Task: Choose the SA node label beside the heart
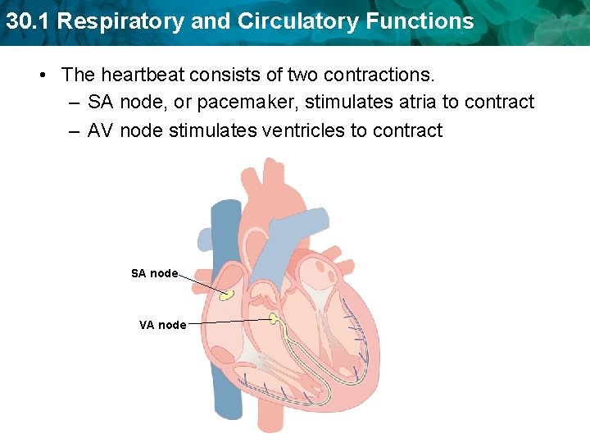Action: [x=154, y=273]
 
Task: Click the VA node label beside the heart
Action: [x=162, y=325]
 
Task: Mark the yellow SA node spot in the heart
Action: [x=226, y=294]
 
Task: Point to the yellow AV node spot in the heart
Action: [x=275, y=318]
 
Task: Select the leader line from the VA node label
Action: [x=229, y=322]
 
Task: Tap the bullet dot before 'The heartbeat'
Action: [x=41, y=75]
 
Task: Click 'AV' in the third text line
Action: [x=101, y=130]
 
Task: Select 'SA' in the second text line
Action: [x=101, y=103]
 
